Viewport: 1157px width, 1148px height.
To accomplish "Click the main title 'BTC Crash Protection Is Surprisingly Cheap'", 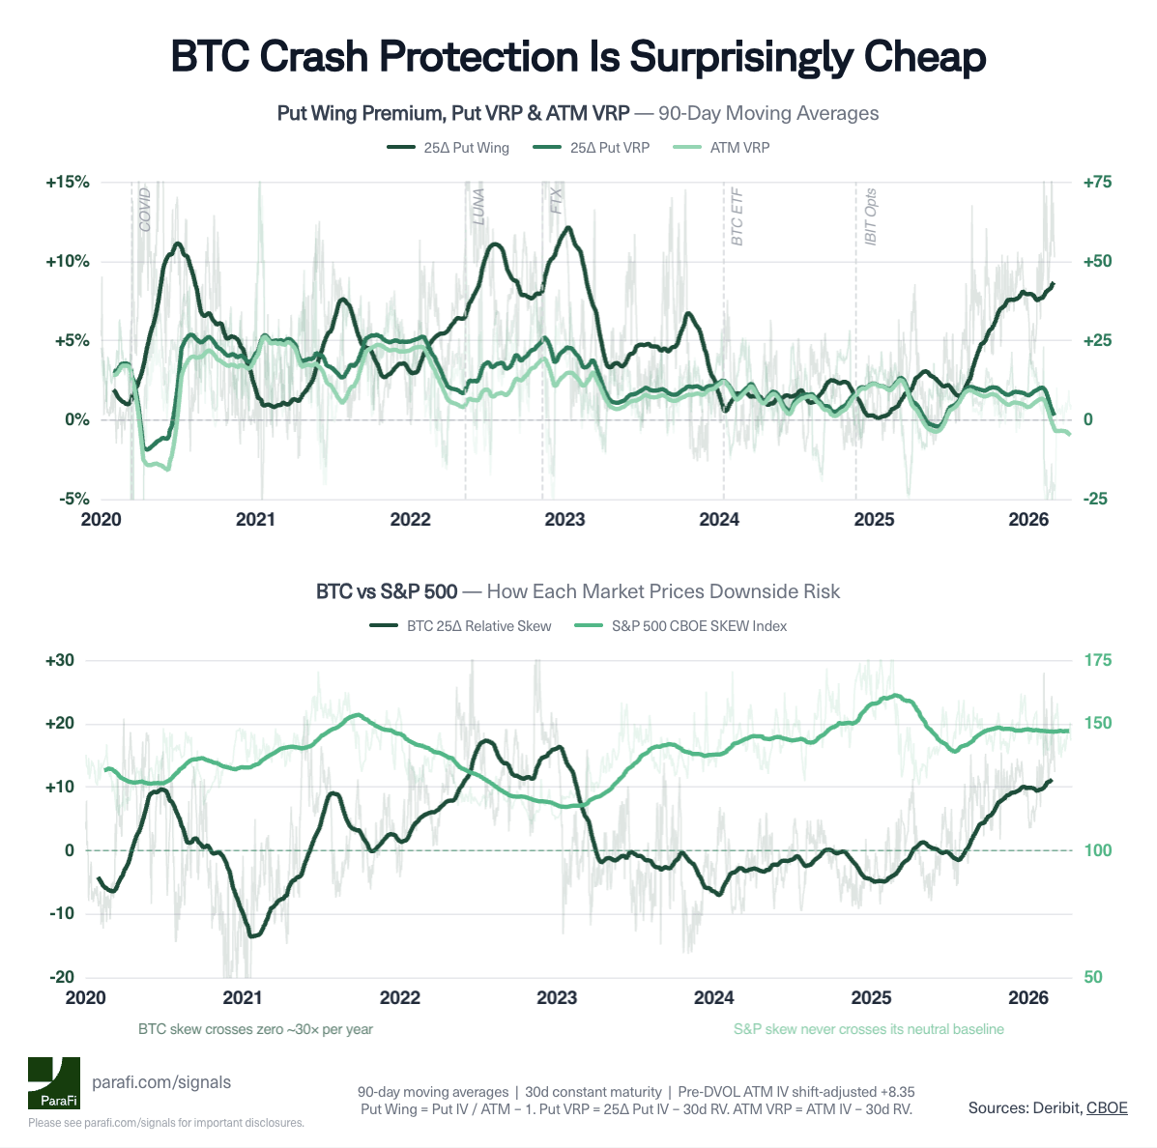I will click(x=578, y=57).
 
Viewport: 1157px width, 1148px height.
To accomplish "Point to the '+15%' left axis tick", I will click(x=67, y=183).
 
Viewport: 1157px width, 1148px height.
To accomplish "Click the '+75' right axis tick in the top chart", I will click(x=1096, y=183).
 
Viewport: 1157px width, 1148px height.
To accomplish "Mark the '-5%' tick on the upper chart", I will click(x=73, y=499).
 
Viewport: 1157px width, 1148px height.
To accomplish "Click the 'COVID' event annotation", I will click(x=145, y=210).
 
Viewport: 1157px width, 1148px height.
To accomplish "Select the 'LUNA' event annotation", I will click(x=478, y=207).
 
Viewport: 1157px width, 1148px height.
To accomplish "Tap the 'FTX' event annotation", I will click(x=556, y=201).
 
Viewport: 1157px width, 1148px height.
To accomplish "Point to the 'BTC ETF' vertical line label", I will click(x=737, y=216).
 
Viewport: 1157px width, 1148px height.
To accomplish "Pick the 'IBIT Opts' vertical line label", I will click(x=870, y=216).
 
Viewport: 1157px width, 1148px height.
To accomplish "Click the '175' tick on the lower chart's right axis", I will click(x=1097, y=660).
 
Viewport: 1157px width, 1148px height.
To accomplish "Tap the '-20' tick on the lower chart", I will click(x=61, y=977).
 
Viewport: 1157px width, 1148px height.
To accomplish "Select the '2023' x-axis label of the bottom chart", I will click(x=557, y=997).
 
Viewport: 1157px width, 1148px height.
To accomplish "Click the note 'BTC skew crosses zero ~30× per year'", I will click(x=255, y=1029).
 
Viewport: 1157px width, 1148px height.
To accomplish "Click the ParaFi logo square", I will click(x=53, y=1083).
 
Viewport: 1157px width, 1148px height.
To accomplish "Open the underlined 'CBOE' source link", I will click(x=1107, y=1107).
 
